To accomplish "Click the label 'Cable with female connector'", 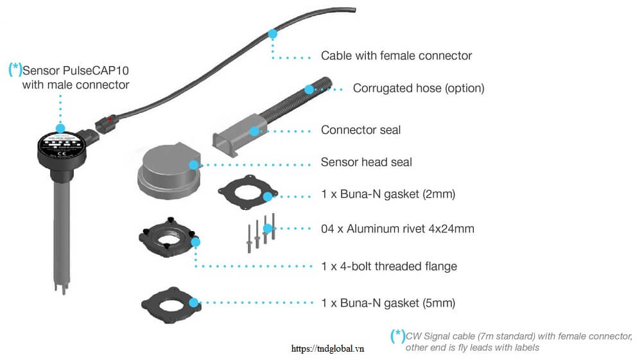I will pos(396,56).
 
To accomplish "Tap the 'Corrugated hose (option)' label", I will pos(418,88).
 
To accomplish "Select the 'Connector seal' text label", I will pos(360,130).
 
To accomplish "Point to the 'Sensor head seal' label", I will pos(366,162).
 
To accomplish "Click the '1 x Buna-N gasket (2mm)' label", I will pos(387,194).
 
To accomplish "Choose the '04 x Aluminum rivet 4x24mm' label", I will pos(397,228).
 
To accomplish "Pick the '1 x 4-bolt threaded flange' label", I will pos(388,266).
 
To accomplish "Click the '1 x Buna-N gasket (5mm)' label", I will pos(388,302).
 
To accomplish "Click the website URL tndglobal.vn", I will pos(327,348).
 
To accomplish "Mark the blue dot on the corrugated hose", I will pos(309,89).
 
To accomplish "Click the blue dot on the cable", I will pos(273,33).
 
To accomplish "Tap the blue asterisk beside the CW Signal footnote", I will pos(397,335).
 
